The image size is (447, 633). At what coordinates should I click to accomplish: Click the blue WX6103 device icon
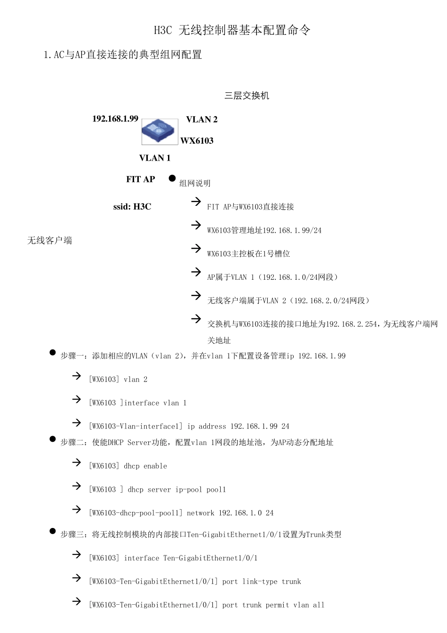point(160,131)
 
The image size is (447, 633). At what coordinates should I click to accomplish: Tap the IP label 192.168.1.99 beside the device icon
point(115,119)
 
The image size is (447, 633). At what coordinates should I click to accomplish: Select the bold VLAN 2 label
point(202,120)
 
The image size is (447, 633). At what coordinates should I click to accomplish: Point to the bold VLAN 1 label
point(155,158)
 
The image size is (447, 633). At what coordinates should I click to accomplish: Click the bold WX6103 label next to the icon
point(197,141)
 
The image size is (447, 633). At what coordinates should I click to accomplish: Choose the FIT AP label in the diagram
point(141,179)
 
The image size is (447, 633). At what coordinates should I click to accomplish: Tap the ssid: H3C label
point(132,207)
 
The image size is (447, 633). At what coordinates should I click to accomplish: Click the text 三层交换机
point(247,96)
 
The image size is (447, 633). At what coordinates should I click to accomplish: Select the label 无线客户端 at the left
point(49,241)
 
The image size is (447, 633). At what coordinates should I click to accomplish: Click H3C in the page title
point(163,31)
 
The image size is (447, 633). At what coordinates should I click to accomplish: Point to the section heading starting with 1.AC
point(122,55)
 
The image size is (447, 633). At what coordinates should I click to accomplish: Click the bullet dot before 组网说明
point(172,179)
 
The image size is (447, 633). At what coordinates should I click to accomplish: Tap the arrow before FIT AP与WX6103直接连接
point(196,202)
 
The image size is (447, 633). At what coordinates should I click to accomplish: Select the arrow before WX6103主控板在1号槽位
point(196,248)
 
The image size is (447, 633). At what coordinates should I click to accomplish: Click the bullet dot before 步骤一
point(53,352)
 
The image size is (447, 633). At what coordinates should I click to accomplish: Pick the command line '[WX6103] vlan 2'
point(118,380)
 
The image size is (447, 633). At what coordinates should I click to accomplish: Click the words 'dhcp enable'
point(145,466)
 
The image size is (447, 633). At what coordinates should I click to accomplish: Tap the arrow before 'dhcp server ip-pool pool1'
point(77,486)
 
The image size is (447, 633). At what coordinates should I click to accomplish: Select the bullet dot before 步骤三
point(53,531)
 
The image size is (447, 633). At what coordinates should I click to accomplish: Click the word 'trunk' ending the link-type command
point(292,582)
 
